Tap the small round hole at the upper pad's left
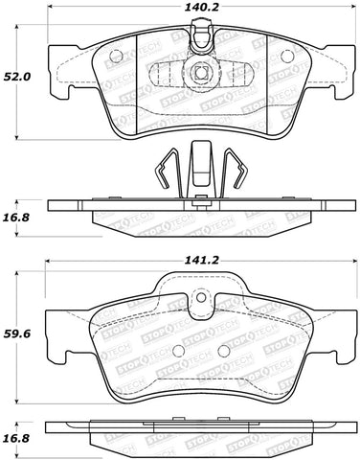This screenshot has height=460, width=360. click(x=157, y=73)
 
